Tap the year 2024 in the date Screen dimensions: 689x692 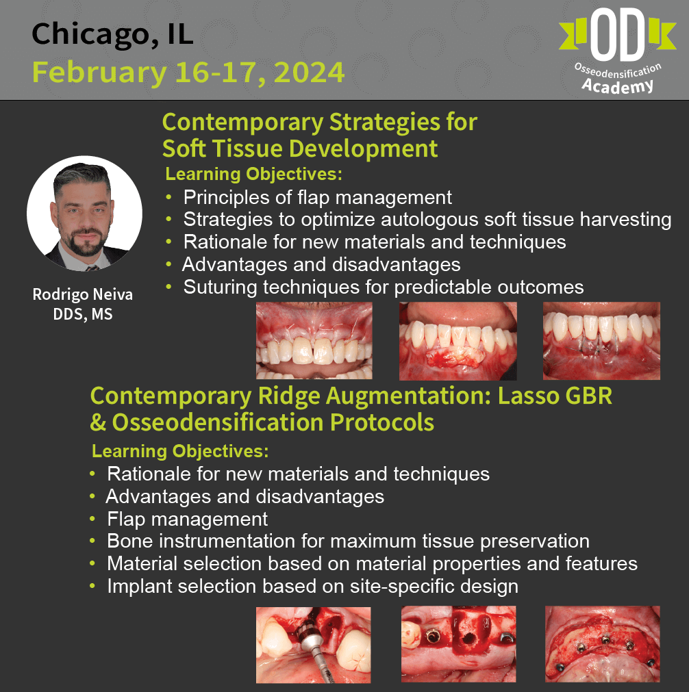click(x=309, y=73)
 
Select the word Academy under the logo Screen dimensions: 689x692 click(x=618, y=85)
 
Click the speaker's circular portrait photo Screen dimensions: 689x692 click(x=84, y=213)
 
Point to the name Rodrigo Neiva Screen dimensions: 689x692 click(x=83, y=294)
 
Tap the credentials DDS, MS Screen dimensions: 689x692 click(x=83, y=313)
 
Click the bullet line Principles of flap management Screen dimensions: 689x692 click(x=318, y=197)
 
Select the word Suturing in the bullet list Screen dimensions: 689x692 click(x=221, y=287)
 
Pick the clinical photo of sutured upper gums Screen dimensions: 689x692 click(x=314, y=340)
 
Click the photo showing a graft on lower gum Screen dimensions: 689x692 click(x=458, y=341)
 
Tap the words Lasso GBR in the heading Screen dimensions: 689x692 click(x=555, y=396)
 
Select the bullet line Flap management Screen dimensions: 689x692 click(x=187, y=519)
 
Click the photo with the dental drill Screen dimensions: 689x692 click(x=314, y=645)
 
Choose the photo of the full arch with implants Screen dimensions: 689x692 click(x=603, y=644)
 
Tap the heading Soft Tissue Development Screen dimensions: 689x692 click(x=300, y=149)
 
